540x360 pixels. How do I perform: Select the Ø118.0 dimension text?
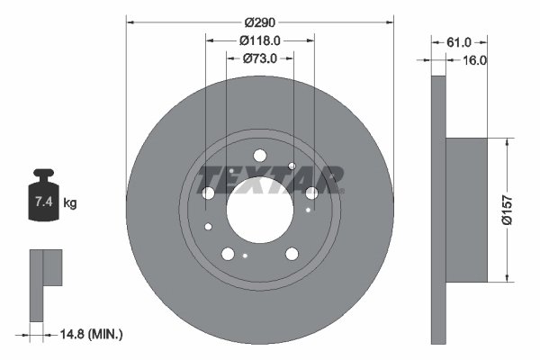pos(260,40)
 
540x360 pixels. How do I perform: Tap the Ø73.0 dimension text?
pos(259,58)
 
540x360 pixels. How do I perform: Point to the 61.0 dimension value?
pos(459,41)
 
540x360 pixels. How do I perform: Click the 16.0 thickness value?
pos(474,60)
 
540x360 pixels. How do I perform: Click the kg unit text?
pos(70,203)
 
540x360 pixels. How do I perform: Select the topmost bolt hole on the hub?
pos(259,155)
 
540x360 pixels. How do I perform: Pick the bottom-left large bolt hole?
pos(229,254)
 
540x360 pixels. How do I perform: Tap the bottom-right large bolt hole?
pos(292,254)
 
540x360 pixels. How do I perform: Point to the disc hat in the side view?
pos(468,209)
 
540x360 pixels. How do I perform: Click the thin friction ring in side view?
pos(439,209)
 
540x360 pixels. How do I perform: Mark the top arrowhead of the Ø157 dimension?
pos(510,141)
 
